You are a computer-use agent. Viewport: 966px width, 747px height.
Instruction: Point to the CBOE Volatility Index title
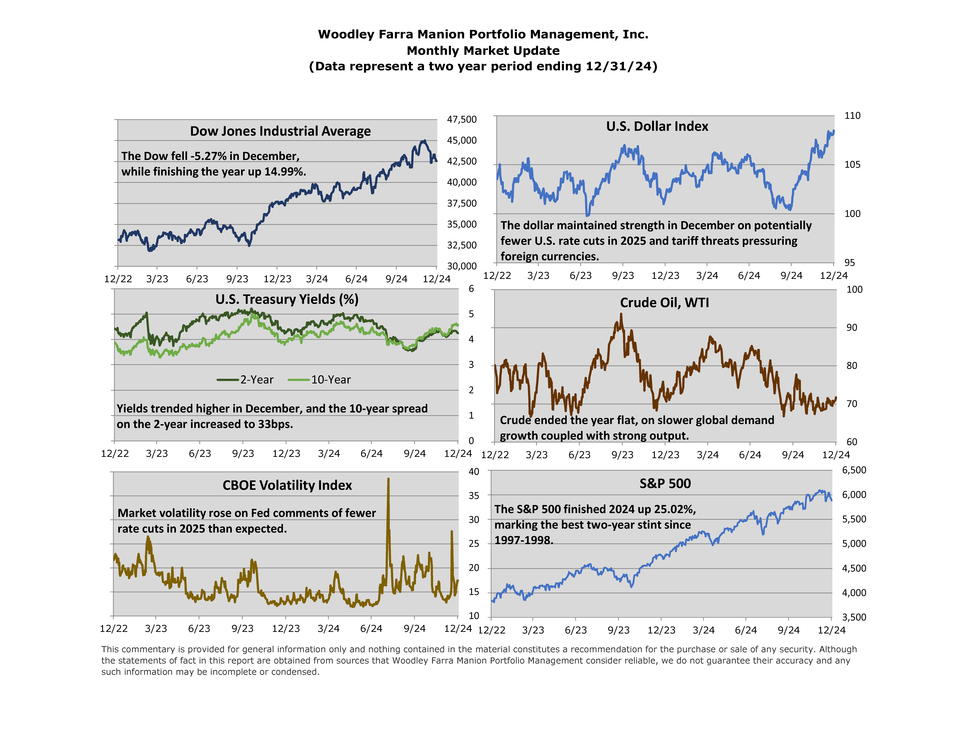(x=287, y=485)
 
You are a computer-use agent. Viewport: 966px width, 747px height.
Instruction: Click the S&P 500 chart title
(x=665, y=484)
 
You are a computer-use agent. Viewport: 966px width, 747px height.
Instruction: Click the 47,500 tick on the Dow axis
(x=462, y=120)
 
